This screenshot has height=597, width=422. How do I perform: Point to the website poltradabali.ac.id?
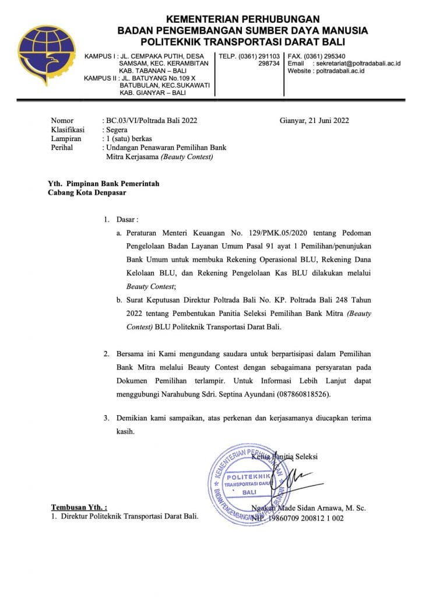point(340,71)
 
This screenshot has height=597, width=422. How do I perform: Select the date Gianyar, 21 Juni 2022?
point(314,121)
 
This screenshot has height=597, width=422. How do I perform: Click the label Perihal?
point(62,148)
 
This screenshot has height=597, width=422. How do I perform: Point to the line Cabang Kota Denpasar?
point(87,192)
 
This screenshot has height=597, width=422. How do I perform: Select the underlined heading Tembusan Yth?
point(79,507)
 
